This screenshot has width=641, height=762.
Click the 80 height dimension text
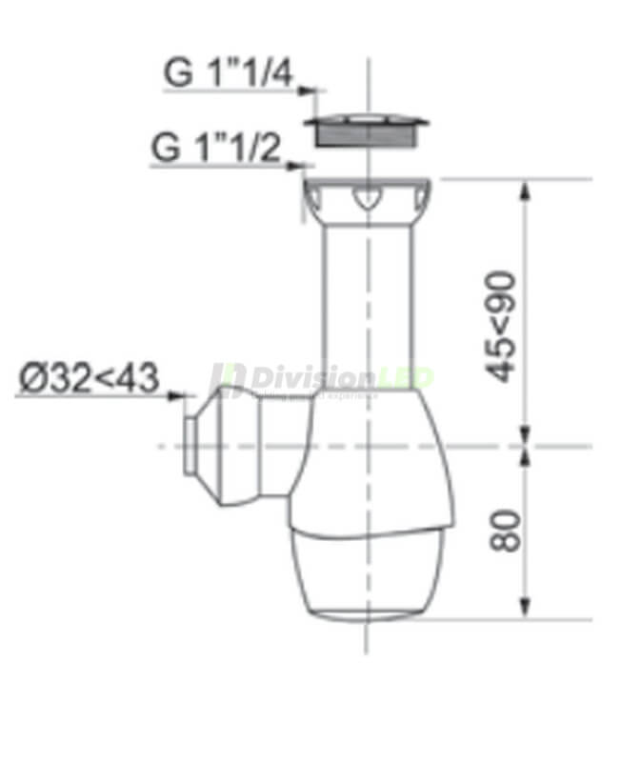click(506, 530)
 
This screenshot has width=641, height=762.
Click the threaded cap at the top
click(367, 130)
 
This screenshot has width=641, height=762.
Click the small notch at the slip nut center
click(367, 201)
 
